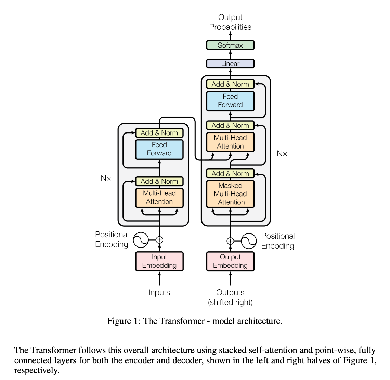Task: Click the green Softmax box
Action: (x=230, y=45)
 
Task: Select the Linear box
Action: (x=230, y=64)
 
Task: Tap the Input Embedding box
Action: (x=159, y=261)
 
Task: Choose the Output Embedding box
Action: (x=230, y=261)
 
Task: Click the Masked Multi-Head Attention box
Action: (x=230, y=194)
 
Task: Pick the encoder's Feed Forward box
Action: (x=159, y=149)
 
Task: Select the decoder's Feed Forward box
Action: (x=230, y=101)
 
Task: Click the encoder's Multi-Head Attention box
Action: (x=159, y=198)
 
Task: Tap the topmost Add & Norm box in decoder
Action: (x=230, y=84)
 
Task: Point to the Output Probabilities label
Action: (x=230, y=22)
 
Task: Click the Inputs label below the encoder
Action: (x=159, y=293)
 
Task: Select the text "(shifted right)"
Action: (x=230, y=302)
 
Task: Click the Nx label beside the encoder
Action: (x=106, y=178)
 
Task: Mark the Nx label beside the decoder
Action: (x=282, y=154)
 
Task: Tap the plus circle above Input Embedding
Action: (x=159, y=240)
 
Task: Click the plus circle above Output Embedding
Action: (x=230, y=241)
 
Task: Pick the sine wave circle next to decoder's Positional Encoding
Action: (x=249, y=241)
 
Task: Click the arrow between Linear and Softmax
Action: (x=230, y=54)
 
